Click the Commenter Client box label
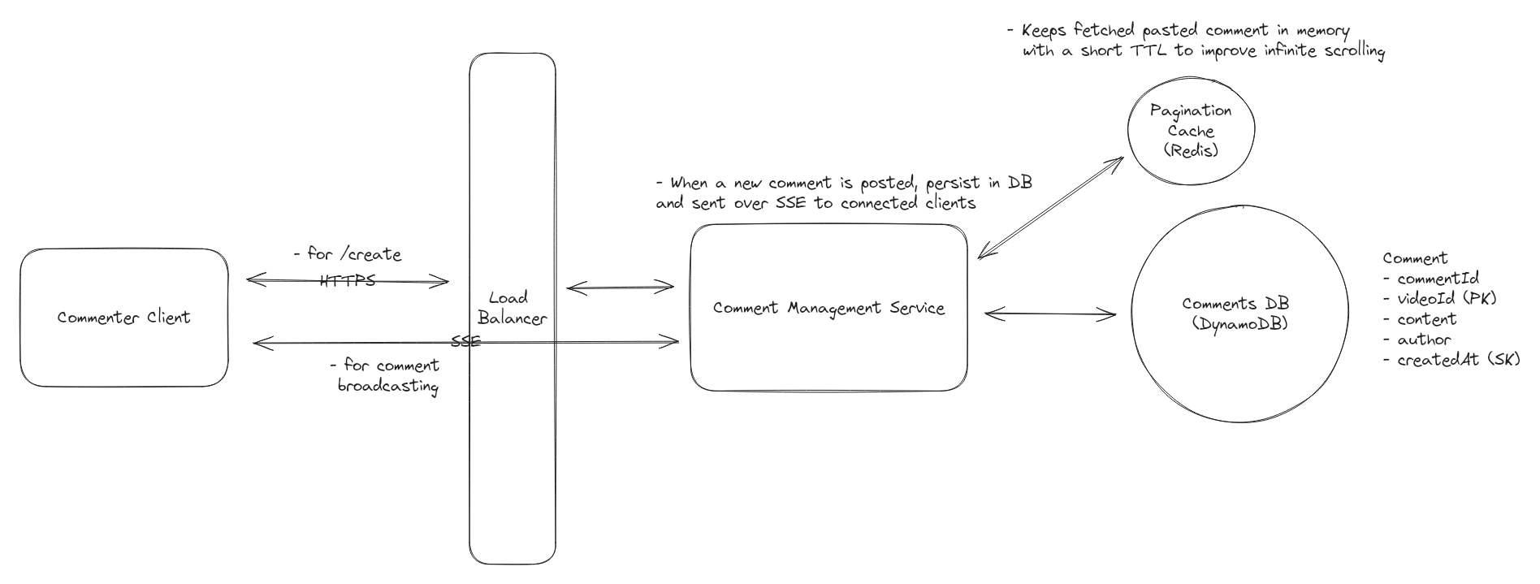click(123, 318)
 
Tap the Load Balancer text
click(512, 309)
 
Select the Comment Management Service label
click(828, 309)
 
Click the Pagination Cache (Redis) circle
click(1191, 130)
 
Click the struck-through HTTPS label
click(348, 281)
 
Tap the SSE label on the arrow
click(465, 342)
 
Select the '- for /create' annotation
click(348, 254)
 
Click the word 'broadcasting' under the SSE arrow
click(387, 386)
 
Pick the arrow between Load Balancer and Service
click(620, 287)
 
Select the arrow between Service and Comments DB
click(1049, 314)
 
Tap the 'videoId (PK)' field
click(1446, 299)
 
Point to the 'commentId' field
click(1437, 279)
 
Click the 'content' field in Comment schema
click(1426, 319)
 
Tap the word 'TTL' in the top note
click(1147, 51)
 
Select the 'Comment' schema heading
click(1414, 258)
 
